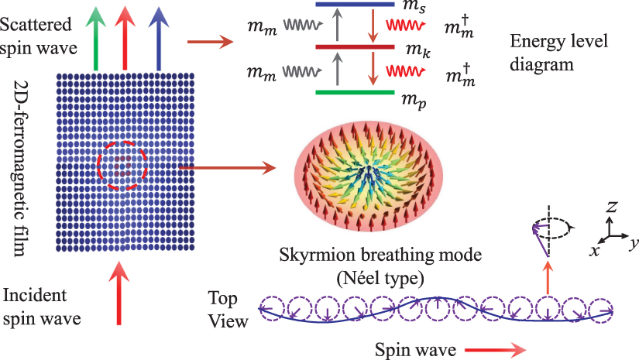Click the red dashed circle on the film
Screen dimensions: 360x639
[x=121, y=165]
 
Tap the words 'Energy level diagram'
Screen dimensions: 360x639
[x=542, y=54]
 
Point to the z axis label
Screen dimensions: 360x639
[x=611, y=207]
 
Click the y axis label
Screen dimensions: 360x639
[x=632, y=243]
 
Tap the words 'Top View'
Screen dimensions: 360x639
[x=228, y=309]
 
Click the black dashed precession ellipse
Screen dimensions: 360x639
[x=551, y=228]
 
